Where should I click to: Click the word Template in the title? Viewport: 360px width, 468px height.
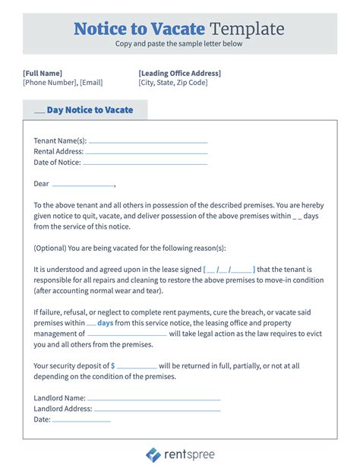coord(246,30)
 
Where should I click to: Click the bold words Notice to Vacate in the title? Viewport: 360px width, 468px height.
coord(139,30)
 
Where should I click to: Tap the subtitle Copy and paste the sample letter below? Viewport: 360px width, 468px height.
coord(179,44)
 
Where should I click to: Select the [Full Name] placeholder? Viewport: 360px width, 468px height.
coord(43,73)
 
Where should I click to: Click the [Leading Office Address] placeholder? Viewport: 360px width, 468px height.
coord(180,73)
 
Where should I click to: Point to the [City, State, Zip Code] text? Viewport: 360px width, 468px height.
coord(172,83)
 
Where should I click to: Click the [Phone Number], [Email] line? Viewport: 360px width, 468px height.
coord(62,83)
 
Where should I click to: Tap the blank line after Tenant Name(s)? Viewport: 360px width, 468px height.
coord(148,141)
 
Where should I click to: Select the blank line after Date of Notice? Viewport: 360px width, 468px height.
coord(144,163)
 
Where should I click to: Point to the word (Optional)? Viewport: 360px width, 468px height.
coord(50,248)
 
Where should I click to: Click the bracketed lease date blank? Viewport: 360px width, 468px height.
coord(229,270)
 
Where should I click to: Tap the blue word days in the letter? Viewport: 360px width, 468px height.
coord(105,323)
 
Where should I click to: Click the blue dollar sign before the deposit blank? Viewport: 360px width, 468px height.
coord(113,365)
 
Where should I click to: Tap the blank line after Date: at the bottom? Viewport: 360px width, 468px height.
coord(81,419)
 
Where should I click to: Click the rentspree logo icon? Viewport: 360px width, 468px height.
coord(153,454)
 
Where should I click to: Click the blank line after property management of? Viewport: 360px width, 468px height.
coord(127,334)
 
